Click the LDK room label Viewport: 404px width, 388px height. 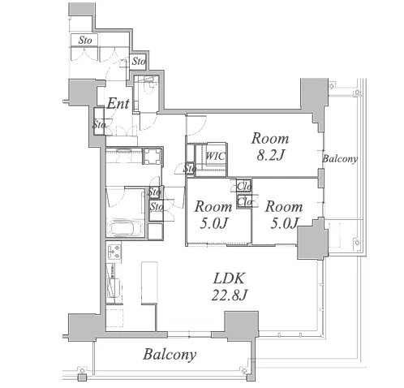coord(230,278)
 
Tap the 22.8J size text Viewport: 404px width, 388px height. coord(230,295)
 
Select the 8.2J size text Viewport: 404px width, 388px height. coord(270,156)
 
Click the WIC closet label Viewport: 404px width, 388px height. coord(215,156)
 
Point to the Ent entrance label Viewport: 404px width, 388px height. coord(118,103)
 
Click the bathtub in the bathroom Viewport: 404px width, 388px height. coord(125,227)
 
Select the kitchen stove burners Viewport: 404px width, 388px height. coord(114,252)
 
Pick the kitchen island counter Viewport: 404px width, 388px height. coord(149,282)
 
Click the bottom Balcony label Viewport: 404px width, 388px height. coord(170,355)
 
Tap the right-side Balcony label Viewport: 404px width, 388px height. coord(340,159)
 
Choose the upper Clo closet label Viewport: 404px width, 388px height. coord(244,187)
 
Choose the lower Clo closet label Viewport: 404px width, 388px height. coord(244,201)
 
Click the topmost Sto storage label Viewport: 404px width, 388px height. coord(85,41)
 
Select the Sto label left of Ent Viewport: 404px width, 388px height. coord(99,125)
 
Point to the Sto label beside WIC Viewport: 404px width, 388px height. coord(190,169)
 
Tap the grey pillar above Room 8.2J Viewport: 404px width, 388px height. coord(315,97)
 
